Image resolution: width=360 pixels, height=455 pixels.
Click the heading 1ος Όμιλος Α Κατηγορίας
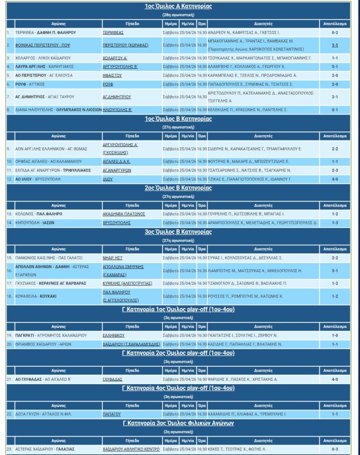(x=178, y=6)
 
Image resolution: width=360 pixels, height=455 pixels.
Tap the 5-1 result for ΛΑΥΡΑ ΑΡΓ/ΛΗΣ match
(x=335, y=66)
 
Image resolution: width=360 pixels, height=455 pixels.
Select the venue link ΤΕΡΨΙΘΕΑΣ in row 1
(x=113, y=33)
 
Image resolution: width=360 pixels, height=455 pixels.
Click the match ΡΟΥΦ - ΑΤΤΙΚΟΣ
(x=31, y=84)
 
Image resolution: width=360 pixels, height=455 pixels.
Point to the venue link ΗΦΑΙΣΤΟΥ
(x=112, y=76)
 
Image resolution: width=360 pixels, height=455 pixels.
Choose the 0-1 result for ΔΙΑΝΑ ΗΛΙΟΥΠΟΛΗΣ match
(x=335, y=110)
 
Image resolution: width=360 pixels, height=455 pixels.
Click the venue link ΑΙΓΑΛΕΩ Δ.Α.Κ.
(x=117, y=162)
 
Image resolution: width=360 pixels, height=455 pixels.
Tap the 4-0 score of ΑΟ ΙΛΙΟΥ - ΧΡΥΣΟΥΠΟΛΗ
(x=335, y=179)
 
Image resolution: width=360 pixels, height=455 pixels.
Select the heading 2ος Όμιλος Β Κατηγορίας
(x=178, y=188)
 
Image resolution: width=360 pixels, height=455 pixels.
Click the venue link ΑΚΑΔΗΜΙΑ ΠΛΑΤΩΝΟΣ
(x=124, y=214)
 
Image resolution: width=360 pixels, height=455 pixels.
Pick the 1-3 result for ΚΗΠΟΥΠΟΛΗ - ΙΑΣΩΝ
(x=335, y=223)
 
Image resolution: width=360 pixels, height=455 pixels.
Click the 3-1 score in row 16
(x=335, y=271)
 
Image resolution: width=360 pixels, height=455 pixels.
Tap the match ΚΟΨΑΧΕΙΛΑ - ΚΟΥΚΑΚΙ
(x=35, y=296)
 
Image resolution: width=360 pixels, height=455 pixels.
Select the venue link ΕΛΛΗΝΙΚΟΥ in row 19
(x=114, y=335)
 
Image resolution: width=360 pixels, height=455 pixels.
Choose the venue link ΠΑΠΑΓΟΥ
(x=112, y=414)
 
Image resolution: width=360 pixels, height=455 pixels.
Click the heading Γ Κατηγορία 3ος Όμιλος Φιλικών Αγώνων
(x=178, y=423)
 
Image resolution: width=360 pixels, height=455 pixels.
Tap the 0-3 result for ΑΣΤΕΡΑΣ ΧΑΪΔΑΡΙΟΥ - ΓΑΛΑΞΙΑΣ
(x=335, y=449)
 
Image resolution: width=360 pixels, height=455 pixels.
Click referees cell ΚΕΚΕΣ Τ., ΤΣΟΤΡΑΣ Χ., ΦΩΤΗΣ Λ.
(x=243, y=449)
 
